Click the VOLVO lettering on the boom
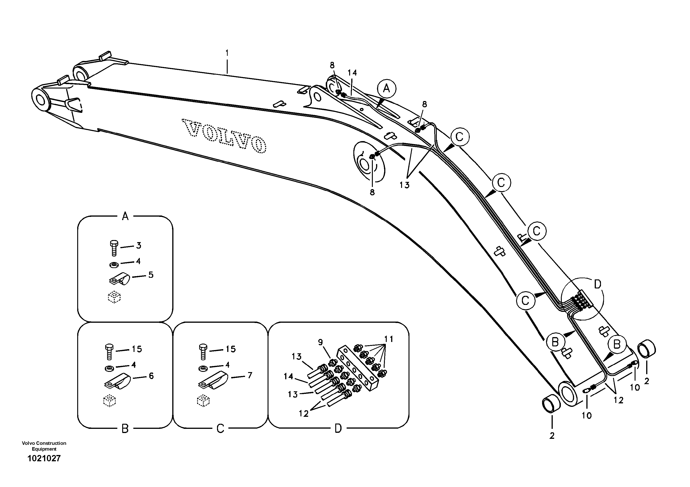tap(224, 136)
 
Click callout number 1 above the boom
tap(227, 53)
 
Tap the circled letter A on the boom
tap(387, 89)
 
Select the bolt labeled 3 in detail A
tap(114, 248)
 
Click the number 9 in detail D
tap(320, 342)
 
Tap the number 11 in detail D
tap(389, 339)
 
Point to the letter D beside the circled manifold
tap(598, 284)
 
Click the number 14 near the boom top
tap(352, 73)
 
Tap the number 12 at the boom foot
tap(619, 400)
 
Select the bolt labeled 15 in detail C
tap(203, 352)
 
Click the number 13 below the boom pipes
tap(405, 185)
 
